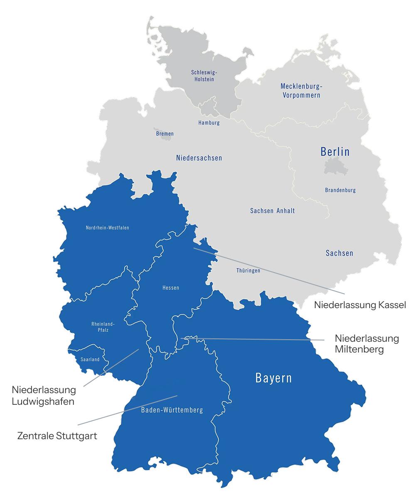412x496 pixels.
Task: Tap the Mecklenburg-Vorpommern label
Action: (x=301, y=90)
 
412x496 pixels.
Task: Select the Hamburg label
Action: (x=209, y=123)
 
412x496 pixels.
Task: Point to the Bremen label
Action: (x=165, y=134)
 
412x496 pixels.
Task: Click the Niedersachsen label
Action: (x=199, y=158)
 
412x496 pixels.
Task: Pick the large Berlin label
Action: (x=335, y=152)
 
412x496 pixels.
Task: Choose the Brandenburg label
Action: (x=340, y=190)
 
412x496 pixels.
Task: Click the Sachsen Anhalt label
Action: (x=272, y=211)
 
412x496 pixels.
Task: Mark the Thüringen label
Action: (x=248, y=270)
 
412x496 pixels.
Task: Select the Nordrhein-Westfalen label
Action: (x=107, y=228)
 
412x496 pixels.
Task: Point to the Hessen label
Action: (x=171, y=288)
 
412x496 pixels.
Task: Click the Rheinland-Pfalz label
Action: (x=103, y=327)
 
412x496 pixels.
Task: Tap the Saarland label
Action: (x=90, y=360)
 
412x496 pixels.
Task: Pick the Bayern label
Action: (x=273, y=378)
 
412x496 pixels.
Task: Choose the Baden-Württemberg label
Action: (x=172, y=410)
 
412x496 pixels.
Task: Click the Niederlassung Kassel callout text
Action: (x=360, y=305)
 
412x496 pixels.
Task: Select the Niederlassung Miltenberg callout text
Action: (x=366, y=344)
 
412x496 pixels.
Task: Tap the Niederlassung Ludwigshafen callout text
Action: (x=44, y=396)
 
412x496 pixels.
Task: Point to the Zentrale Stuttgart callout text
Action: (x=57, y=436)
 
